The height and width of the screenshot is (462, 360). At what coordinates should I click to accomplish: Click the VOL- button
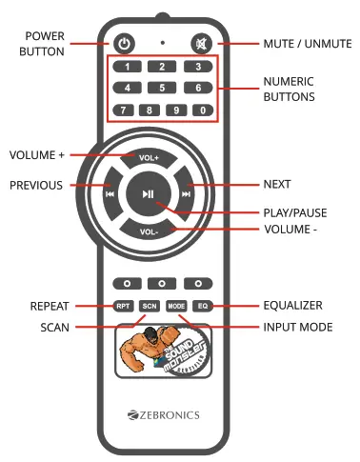coord(148,231)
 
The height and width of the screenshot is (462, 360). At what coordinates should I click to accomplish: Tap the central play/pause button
coord(148,193)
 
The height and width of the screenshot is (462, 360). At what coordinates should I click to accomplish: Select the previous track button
coord(111,193)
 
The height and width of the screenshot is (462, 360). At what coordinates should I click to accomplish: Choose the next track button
coord(186,193)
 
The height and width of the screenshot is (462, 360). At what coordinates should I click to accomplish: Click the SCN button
coord(149,306)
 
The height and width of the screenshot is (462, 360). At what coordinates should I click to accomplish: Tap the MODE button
coord(175,306)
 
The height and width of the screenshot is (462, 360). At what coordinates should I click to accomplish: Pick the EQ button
coord(202,306)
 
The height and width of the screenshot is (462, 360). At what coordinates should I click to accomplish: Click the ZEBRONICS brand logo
coord(161,415)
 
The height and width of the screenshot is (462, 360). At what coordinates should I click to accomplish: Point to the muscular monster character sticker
coord(143,351)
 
